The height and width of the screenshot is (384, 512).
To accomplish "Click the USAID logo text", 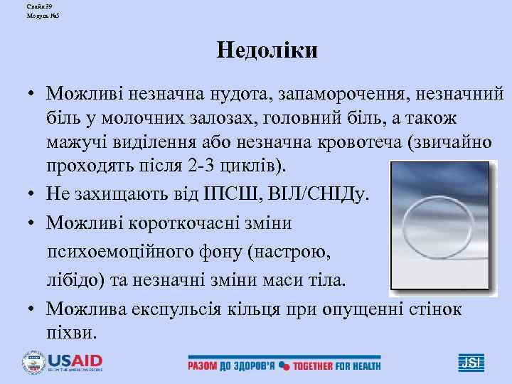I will pos(75,359).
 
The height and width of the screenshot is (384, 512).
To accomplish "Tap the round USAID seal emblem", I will pos(33,362).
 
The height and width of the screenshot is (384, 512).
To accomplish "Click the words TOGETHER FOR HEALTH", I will pos(336,366).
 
